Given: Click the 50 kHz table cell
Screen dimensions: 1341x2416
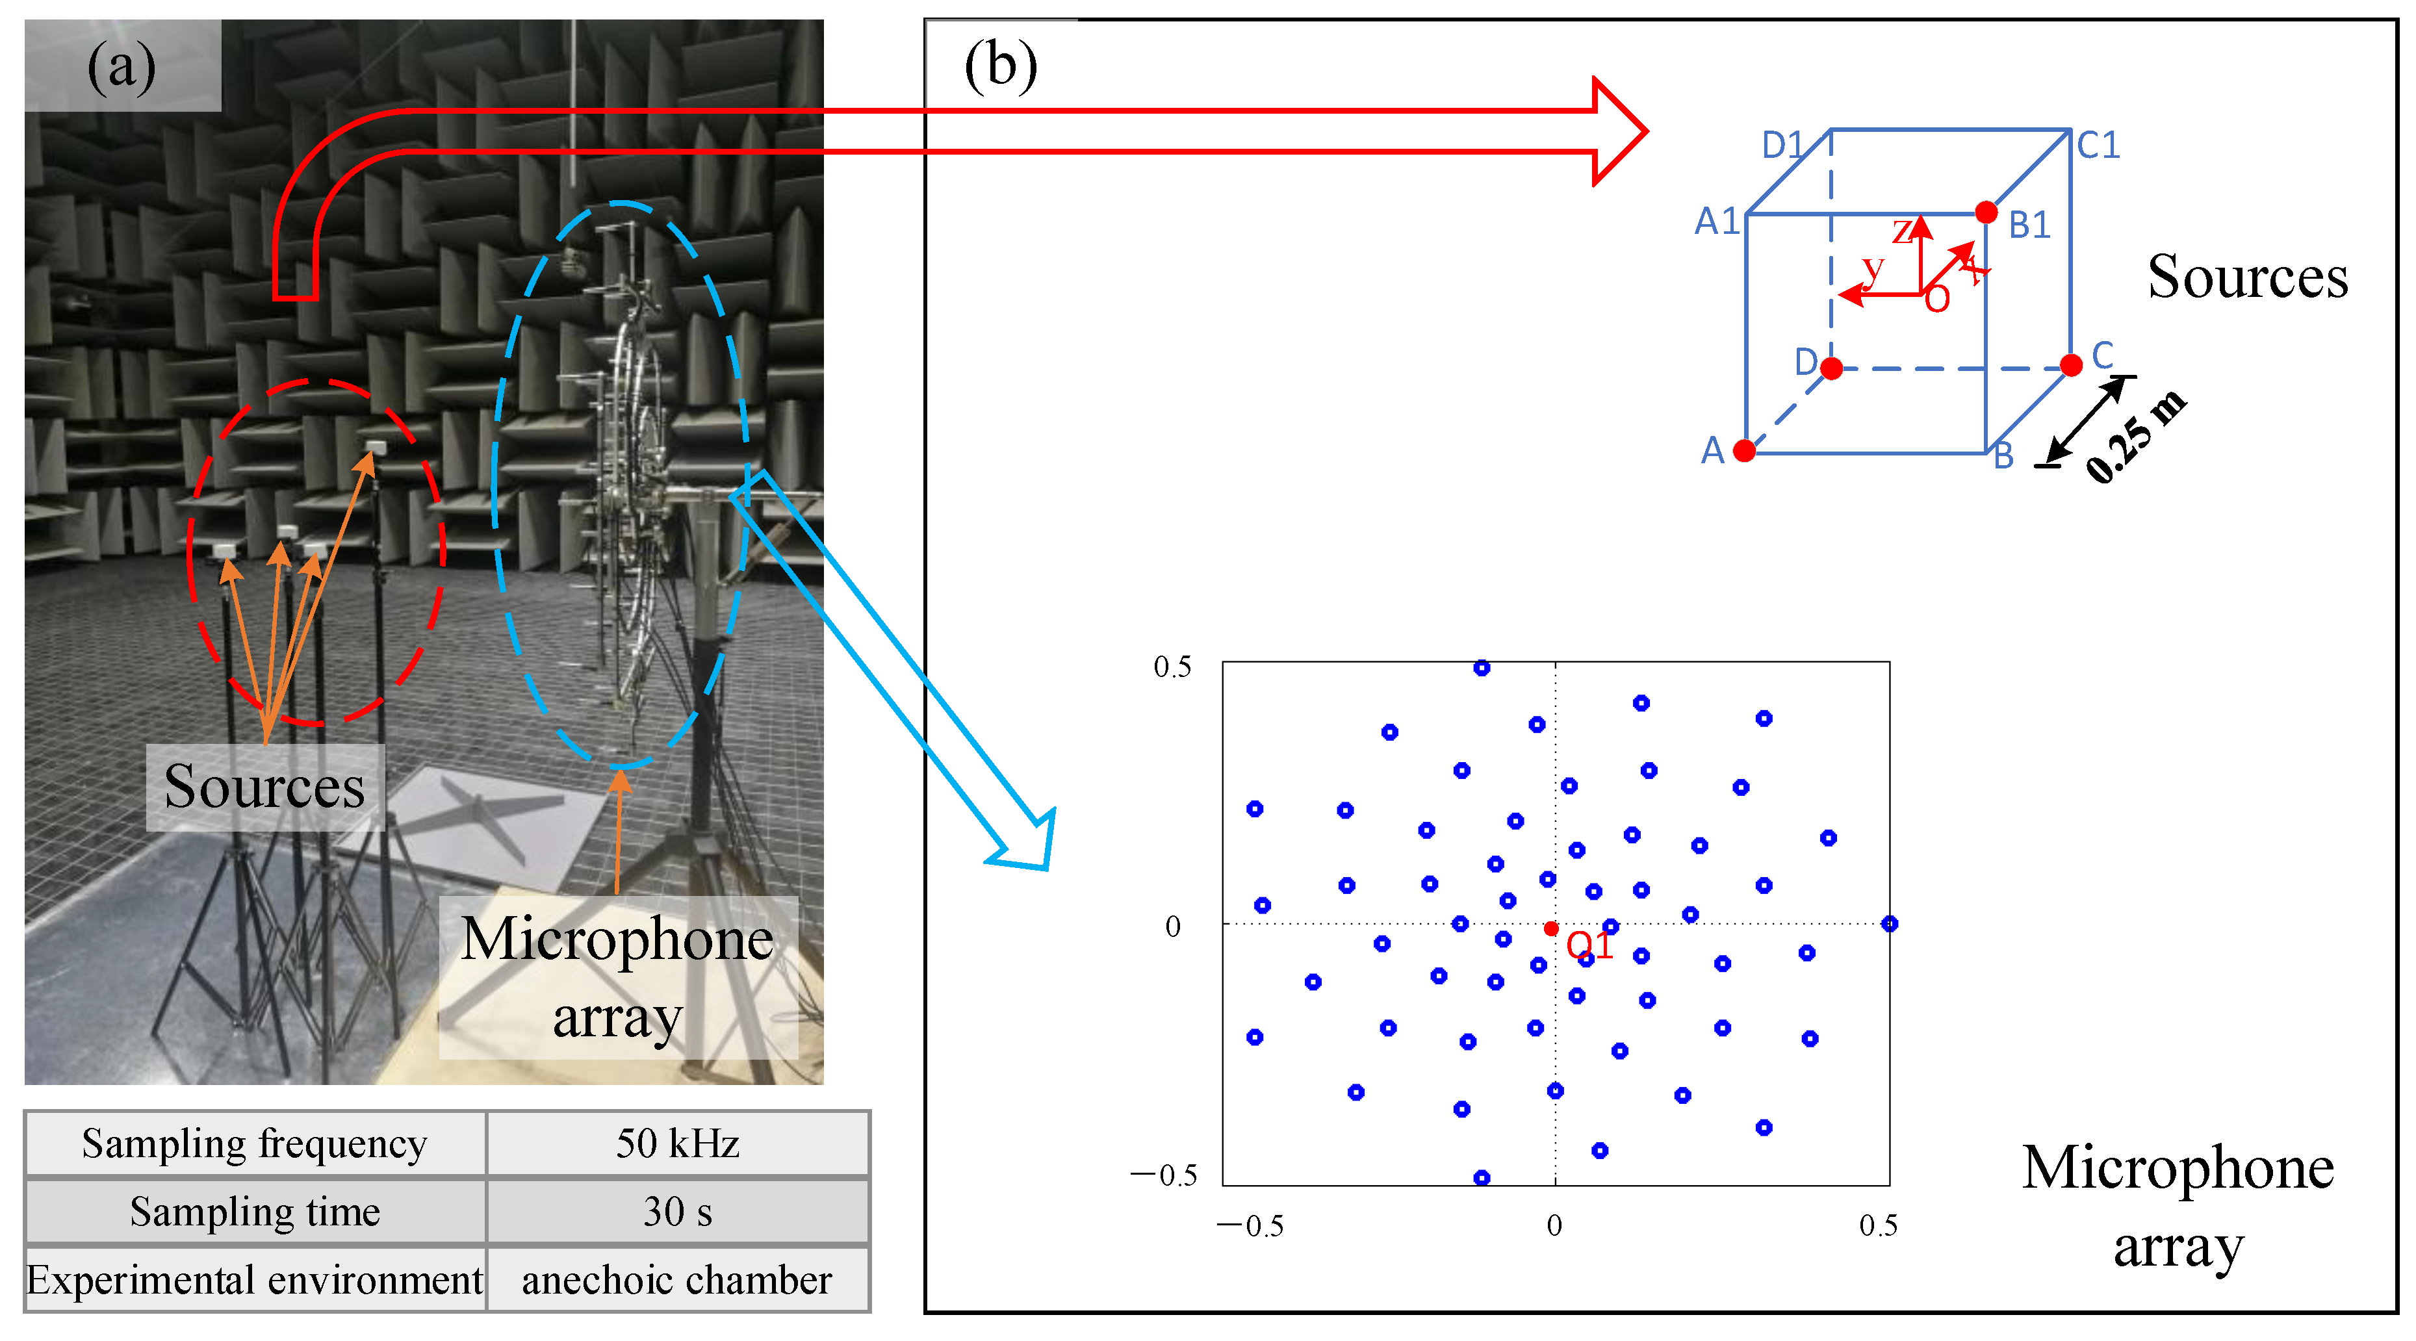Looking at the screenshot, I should (677, 1143).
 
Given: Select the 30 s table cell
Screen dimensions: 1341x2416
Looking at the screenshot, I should (677, 1212).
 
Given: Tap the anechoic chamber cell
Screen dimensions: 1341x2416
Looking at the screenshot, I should (677, 1280).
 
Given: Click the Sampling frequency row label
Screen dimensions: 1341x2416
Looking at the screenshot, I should (254, 1143).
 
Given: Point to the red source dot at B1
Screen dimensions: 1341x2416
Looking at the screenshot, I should (1986, 213).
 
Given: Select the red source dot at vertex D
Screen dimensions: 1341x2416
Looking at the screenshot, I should (1831, 368).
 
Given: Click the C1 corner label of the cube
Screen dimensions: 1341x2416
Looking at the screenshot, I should (2098, 146).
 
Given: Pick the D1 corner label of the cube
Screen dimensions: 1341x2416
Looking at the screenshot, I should (1782, 146).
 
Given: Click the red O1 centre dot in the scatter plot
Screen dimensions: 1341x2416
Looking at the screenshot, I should (1551, 928).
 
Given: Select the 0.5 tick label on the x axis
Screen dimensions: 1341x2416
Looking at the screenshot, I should (1878, 1225).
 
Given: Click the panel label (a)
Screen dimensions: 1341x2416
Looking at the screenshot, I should (121, 68).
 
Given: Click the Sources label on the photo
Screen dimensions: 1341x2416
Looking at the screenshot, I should (264, 787).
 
